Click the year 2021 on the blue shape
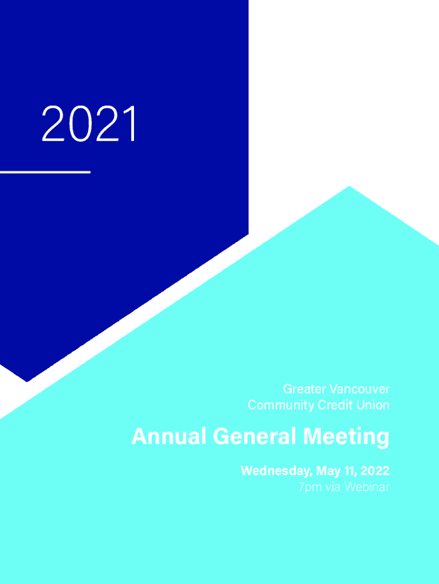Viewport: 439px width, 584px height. click(x=89, y=123)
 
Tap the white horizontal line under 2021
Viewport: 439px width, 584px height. click(x=45, y=172)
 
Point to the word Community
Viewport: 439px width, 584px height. click(x=281, y=405)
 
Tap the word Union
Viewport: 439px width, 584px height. click(x=373, y=405)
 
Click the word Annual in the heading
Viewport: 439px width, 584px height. click(x=169, y=436)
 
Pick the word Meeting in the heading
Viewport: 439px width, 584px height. click(x=346, y=437)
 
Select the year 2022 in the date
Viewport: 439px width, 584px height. click(x=375, y=471)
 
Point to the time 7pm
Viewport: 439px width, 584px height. click(x=310, y=487)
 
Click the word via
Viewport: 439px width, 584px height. click(x=333, y=487)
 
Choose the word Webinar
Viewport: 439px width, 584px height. click(x=367, y=487)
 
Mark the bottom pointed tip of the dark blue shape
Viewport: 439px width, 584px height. click(x=27, y=382)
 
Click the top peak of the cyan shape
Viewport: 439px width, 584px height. click(x=349, y=186)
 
